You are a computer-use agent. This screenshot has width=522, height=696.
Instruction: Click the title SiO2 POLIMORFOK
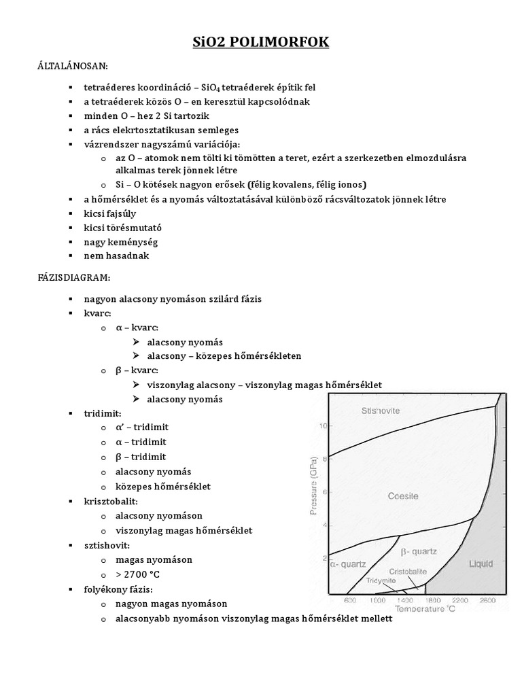(261, 42)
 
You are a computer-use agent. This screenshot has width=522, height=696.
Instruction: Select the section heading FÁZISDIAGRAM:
(73, 278)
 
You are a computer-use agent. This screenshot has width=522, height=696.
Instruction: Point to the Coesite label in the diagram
(402, 496)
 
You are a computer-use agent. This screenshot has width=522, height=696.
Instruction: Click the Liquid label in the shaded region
(481, 564)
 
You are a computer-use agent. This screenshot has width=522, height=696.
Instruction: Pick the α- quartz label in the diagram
(348, 564)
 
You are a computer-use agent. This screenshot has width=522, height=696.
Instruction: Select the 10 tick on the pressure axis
(323, 426)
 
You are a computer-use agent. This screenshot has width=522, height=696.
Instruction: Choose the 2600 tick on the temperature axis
(487, 601)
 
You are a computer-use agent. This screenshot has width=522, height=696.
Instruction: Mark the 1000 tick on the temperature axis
(376, 601)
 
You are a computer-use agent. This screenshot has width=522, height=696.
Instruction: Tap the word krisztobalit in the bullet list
(111, 501)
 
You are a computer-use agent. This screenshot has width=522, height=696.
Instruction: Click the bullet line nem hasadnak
(116, 256)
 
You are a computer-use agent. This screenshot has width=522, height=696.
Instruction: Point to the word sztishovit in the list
(107, 545)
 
